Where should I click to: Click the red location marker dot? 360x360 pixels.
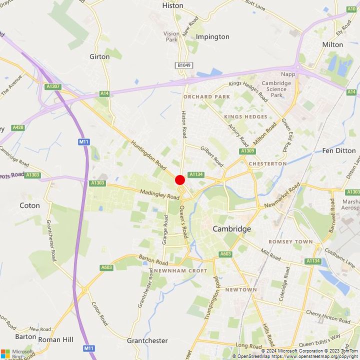(x=180, y=180)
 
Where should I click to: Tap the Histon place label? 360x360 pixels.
(x=173, y=5)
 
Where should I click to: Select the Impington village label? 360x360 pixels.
(x=212, y=36)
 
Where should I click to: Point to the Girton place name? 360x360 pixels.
(x=99, y=56)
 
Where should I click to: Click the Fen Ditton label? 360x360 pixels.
(x=339, y=150)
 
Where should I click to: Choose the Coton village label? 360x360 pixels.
(x=29, y=205)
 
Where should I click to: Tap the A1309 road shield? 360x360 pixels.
(x=247, y=151)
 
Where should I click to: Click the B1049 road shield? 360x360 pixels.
(x=183, y=65)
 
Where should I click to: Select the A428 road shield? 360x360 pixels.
(x=18, y=127)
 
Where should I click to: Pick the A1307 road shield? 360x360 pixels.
(x=53, y=86)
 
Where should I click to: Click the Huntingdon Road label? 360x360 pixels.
(x=148, y=154)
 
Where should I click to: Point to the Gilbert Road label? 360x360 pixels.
(x=212, y=156)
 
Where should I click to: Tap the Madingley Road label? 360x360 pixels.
(x=159, y=194)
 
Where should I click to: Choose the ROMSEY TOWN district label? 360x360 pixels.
(x=290, y=241)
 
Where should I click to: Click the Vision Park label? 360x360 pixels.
(x=171, y=36)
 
